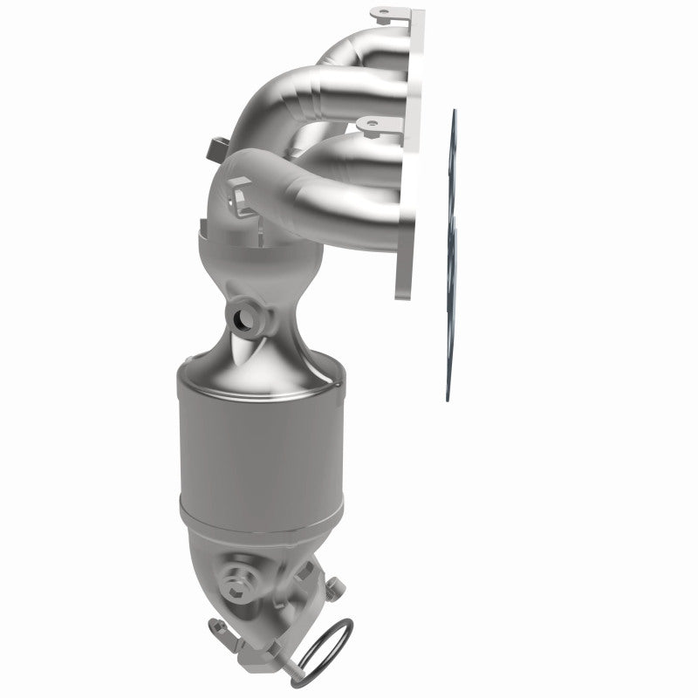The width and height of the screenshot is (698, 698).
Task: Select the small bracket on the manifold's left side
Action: [217, 145]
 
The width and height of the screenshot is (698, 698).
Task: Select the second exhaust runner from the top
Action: [349, 87]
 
